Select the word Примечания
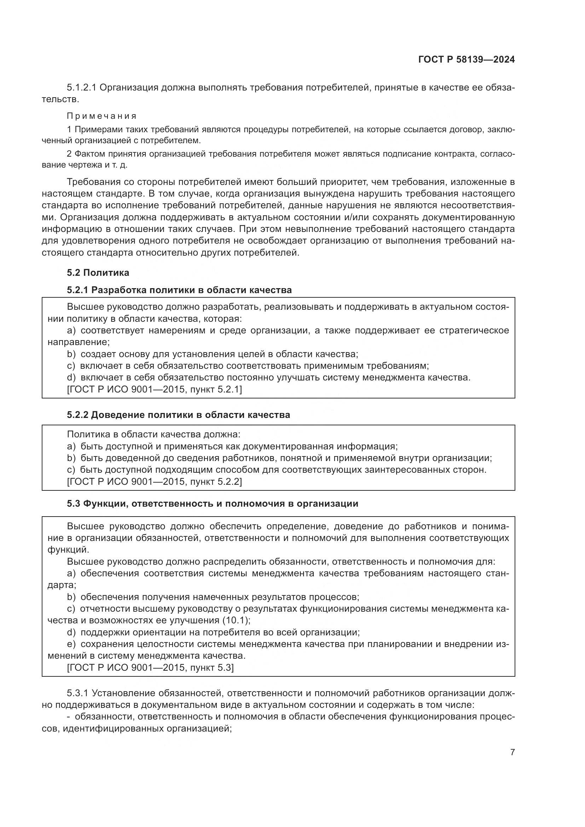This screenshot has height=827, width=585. coord(102,116)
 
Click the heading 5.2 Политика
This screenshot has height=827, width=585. coord(98,273)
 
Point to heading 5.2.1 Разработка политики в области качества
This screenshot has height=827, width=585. coord(179,290)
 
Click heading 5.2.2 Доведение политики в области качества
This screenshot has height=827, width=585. coord(178,415)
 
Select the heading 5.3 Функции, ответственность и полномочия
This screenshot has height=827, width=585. coord(212,503)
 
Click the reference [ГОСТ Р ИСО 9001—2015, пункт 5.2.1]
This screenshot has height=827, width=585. coord(154,389)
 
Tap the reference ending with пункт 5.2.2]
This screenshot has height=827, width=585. coord(154,482)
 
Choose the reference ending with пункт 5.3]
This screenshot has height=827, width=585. coord(150,668)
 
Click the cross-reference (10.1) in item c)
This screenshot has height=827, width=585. coord(236,620)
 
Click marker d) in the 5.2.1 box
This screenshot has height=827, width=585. coord(71,378)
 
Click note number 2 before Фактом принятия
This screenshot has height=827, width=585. coord(69,154)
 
